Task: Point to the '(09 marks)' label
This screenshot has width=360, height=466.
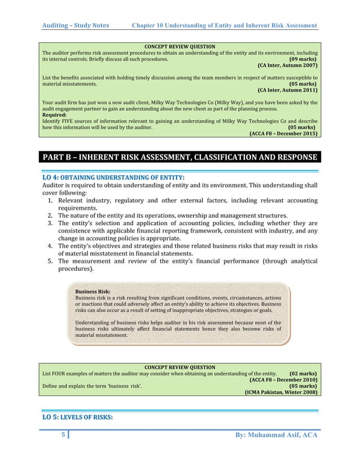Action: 302,59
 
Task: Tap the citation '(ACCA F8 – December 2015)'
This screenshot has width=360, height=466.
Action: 283,134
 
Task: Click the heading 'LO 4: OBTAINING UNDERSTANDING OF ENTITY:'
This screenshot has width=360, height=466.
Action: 109,178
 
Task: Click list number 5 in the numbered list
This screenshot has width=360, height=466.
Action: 50,261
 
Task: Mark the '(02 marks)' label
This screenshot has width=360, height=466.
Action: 302,373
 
